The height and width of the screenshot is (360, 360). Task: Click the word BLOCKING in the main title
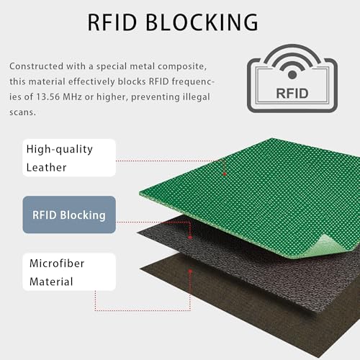point(202,22)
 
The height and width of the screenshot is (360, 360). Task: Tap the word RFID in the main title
point(112,22)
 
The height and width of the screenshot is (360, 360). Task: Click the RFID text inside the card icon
point(292,94)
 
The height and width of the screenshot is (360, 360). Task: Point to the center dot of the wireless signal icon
point(292,75)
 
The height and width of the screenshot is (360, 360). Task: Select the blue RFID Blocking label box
point(69,215)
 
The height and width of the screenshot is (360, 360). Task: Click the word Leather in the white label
point(46,168)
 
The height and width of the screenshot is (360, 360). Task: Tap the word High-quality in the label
point(60,150)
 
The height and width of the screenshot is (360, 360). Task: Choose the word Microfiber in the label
point(57,264)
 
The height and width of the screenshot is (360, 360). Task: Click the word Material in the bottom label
point(51,282)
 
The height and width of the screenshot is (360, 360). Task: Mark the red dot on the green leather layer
point(225,174)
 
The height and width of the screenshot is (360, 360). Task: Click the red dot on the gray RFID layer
point(190,238)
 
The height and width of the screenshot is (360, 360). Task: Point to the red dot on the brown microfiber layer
point(190,271)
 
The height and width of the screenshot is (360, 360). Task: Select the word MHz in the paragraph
point(72,97)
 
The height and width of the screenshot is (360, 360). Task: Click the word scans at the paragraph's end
point(22,112)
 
